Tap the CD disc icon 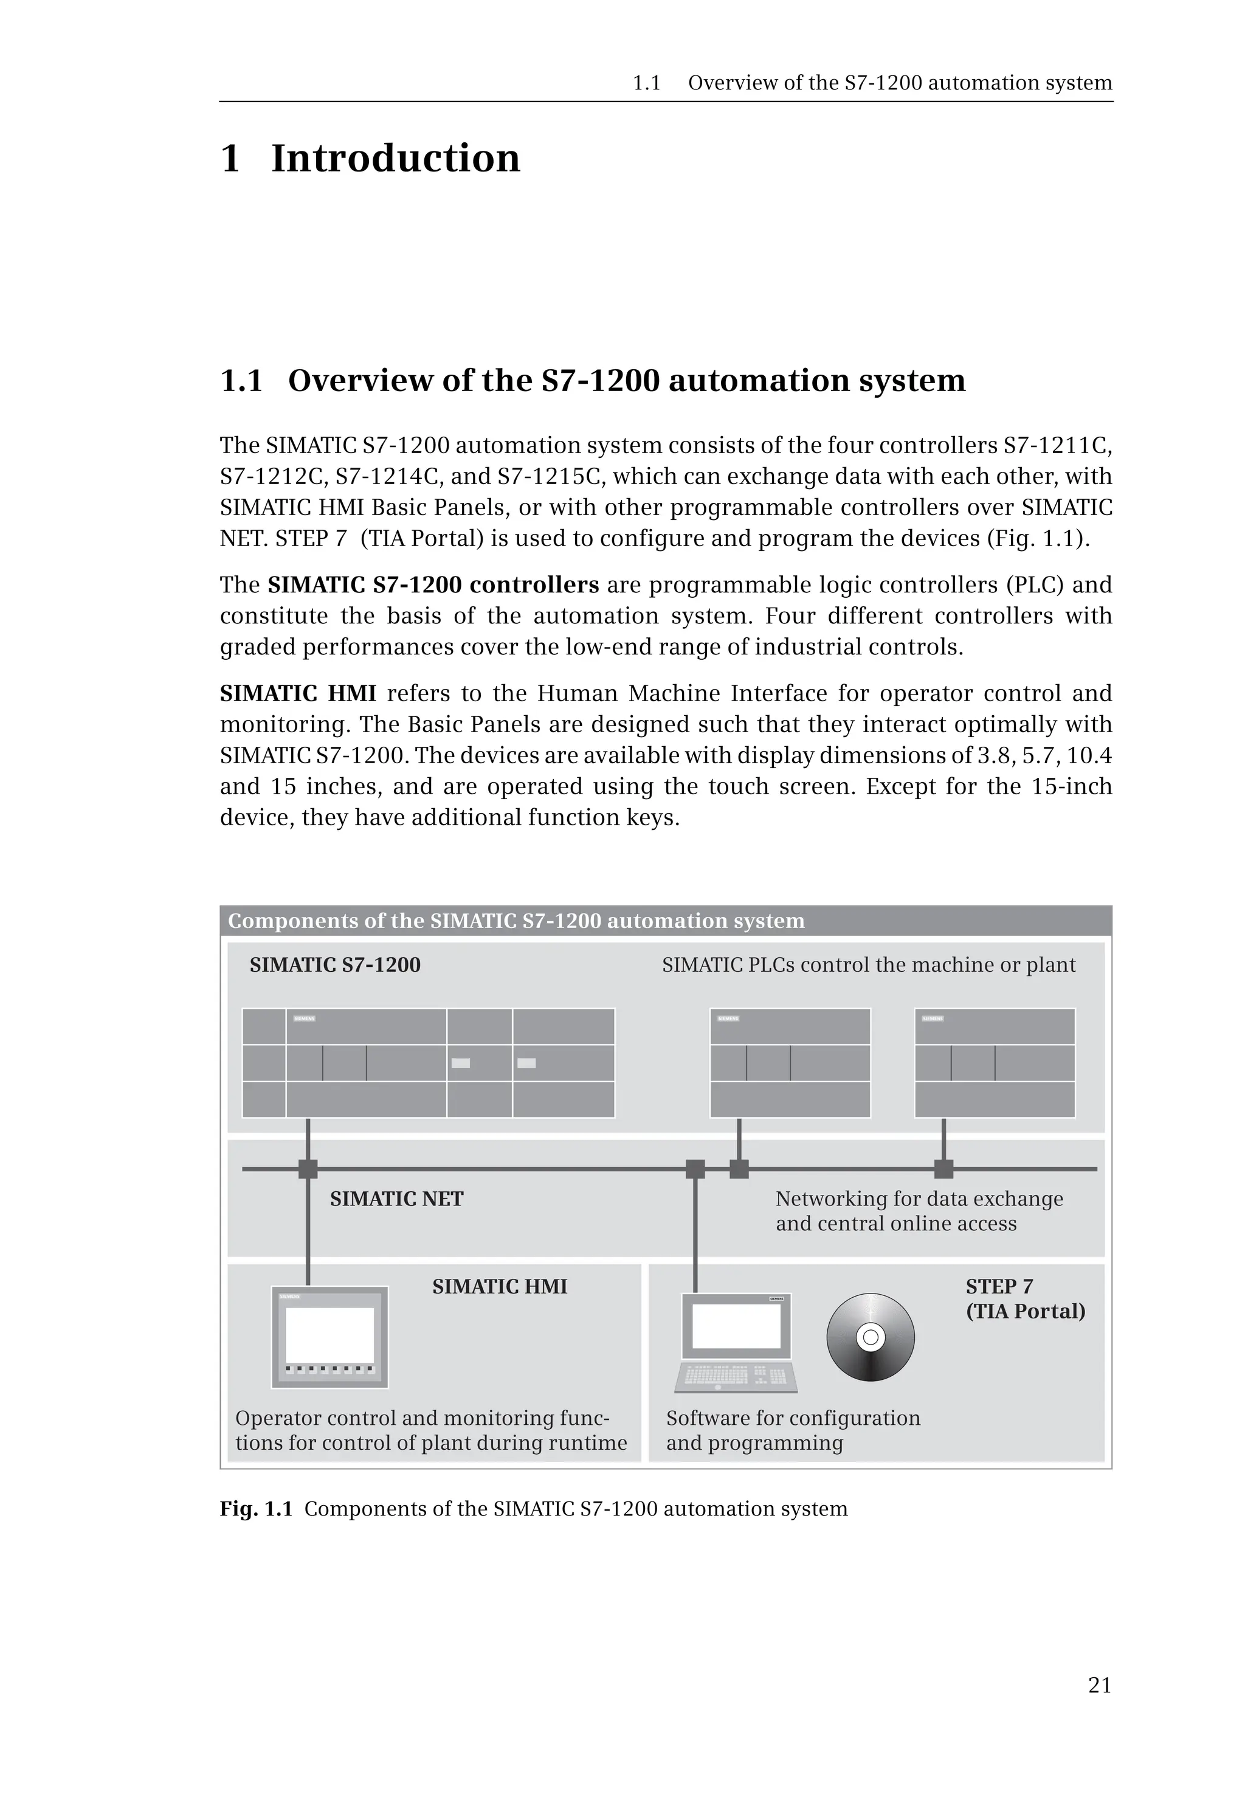[x=870, y=1337]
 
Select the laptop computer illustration [x=736, y=1342]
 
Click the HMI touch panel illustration [x=329, y=1337]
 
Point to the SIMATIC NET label [x=396, y=1199]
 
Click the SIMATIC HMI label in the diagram [x=499, y=1286]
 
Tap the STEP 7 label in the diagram [x=999, y=1286]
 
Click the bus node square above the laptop [x=695, y=1169]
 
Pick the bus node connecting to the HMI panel [x=308, y=1169]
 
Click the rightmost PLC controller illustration [x=995, y=1063]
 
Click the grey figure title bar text [x=516, y=921]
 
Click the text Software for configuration [x=793, y=1418]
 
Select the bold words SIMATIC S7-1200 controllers [x=433, y=584]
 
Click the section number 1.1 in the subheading [x=241, y=381]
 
